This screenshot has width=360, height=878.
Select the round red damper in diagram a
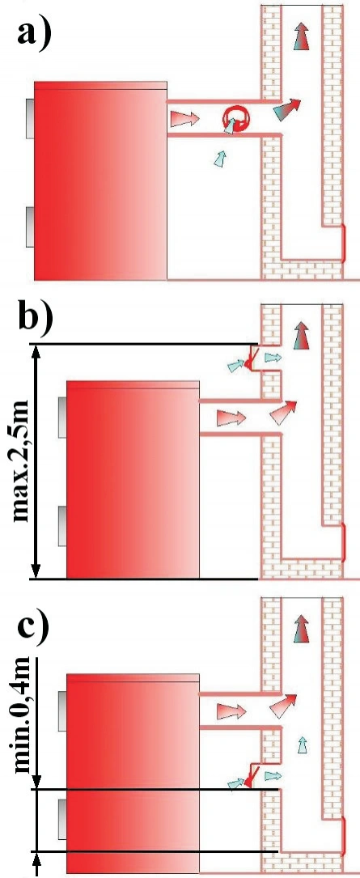tap(237, 119)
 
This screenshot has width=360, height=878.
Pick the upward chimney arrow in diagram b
tap(302, 336)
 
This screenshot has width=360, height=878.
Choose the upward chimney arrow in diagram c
tap(303, 628)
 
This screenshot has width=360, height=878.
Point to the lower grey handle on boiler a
tap(30, 227)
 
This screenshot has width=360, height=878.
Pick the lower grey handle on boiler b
tap(62, 526)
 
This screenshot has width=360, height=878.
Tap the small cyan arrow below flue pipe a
tap(221, 158)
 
